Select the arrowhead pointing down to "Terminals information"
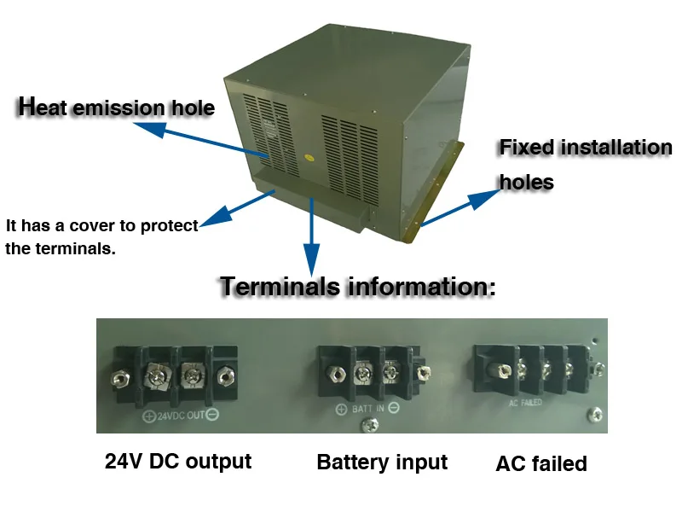[x=312, y=257]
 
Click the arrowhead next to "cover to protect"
[x=211, y=218]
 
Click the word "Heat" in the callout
[x=45, y=108]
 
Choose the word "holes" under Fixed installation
[x=526, y=182]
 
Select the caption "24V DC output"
[x=177, y=462]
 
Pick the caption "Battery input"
[x=382, y=463]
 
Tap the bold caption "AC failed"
[x=541, y=464]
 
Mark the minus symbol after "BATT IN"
[x=394, y=409]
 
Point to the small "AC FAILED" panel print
[x=525, y=402]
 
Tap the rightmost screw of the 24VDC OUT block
[x=226, y=375]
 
